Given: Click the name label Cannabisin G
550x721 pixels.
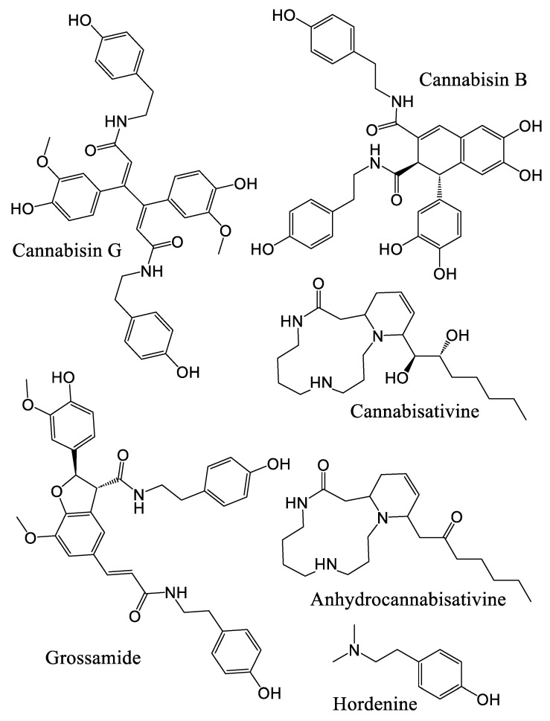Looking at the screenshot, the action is pos(67,251).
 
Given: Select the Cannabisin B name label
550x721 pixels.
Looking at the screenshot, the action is pos(473,80).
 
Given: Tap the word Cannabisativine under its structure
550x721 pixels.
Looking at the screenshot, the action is pos(415,411).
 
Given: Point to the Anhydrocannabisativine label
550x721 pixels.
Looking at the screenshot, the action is pos(408,599).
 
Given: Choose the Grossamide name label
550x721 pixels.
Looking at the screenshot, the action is pos(93,658).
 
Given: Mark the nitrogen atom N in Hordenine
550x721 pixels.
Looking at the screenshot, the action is pos(354,650).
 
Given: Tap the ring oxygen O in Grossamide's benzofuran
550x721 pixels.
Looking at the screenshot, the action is pos(57,493).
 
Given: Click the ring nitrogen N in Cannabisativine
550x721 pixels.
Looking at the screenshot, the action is pos(377,338).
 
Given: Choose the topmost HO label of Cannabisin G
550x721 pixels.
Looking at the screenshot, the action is pos(80,21).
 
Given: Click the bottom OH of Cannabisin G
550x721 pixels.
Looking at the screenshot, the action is pos(188,371).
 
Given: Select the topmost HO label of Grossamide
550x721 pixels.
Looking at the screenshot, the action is pos(64,379).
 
